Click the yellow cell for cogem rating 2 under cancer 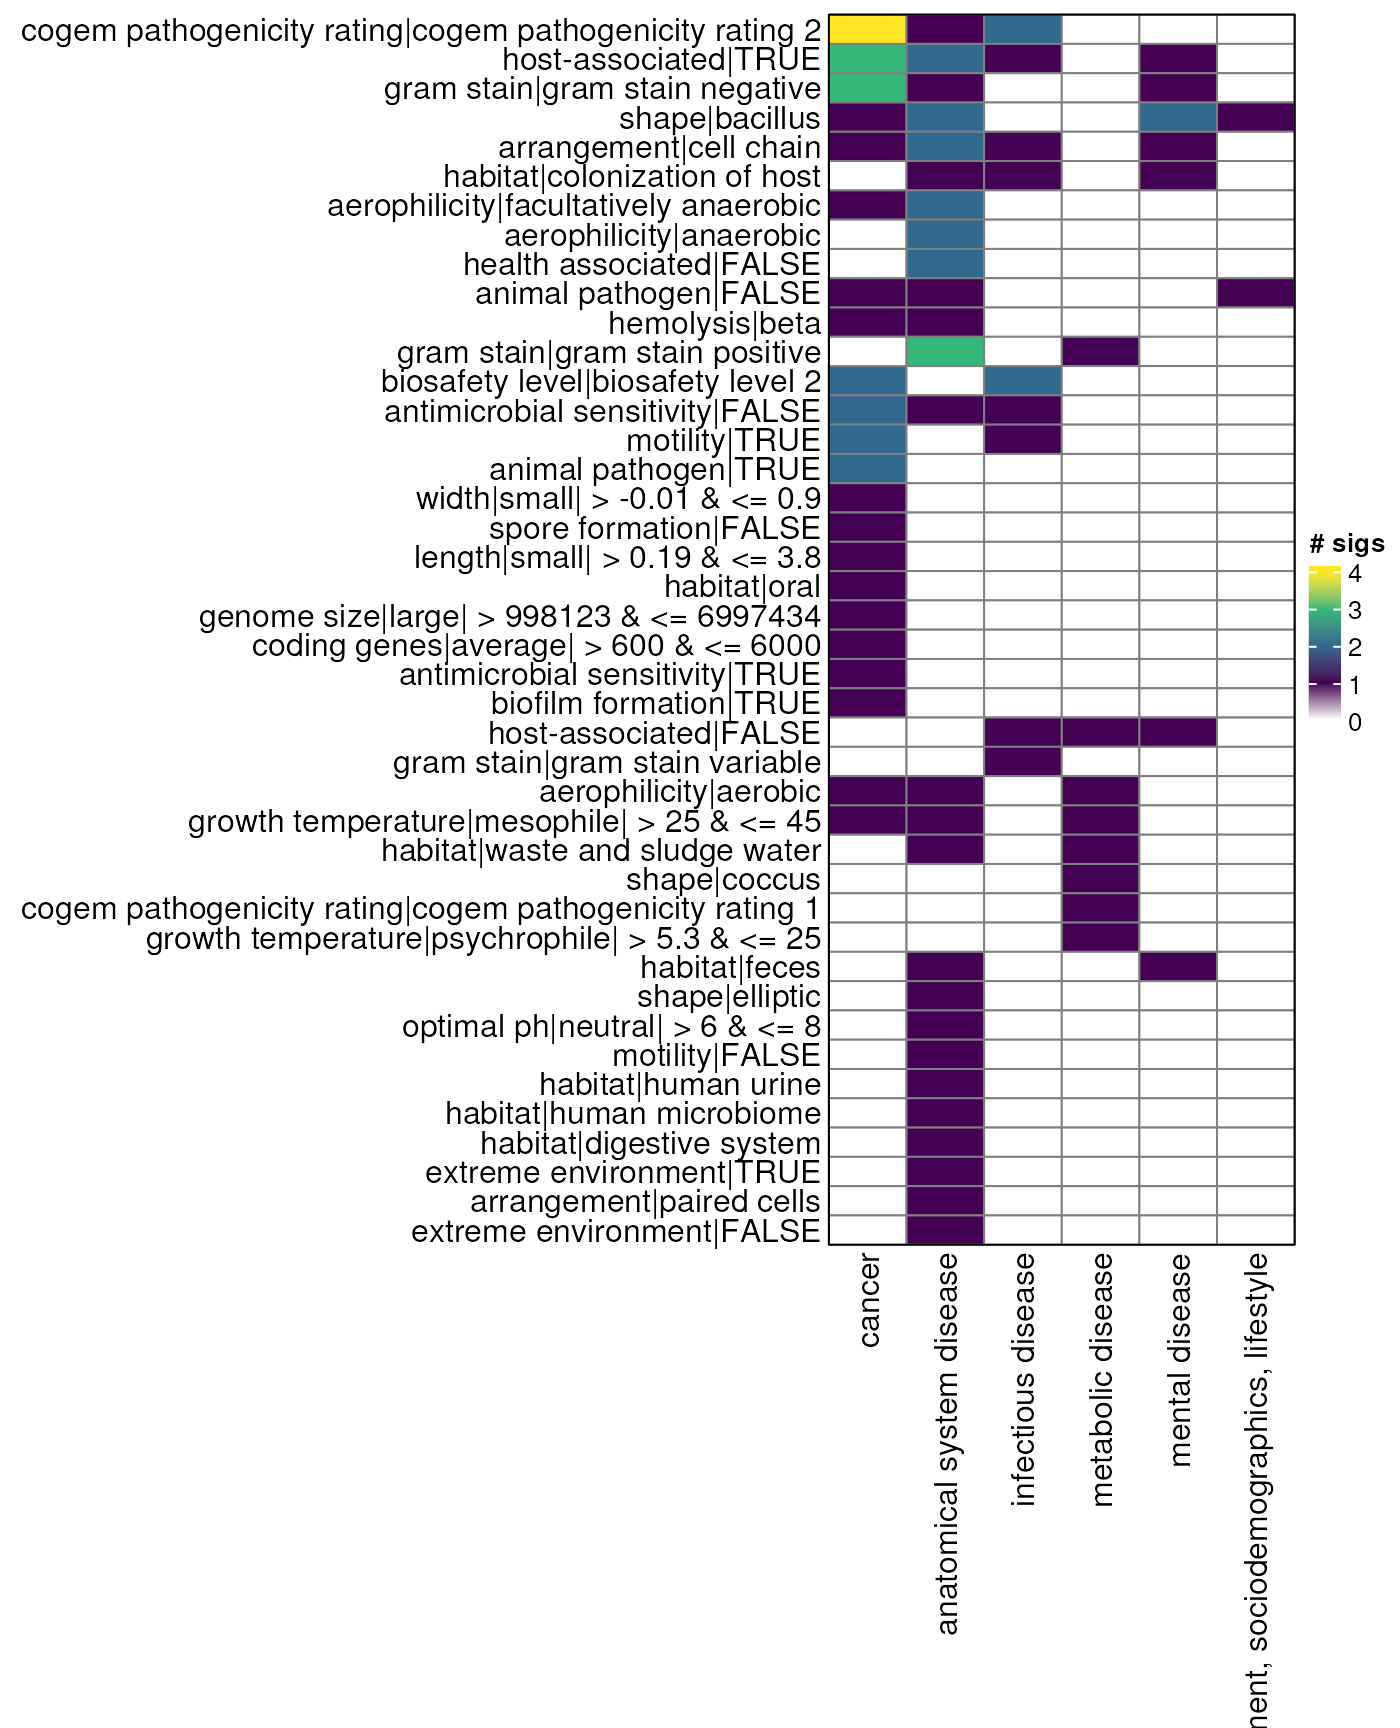tap(867, 30)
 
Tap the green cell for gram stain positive tap(945, 352)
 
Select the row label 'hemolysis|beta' tap(714, 324)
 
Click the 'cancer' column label tap(869, 1301)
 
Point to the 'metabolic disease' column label tap(1101, 1379)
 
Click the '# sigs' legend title tap(1346, 544)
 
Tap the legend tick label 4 tap(1354, 574)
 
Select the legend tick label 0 tap(1354, 723)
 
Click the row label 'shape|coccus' tap(723, 880)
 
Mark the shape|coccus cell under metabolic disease tap(1100, 879)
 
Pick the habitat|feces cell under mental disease tap(1178, 967)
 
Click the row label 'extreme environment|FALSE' tap(615, 1231)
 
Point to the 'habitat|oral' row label tap(742, 587)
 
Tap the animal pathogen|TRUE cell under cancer tap(867, 469)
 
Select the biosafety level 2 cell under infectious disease tap(1023, 381)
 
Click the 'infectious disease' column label tap(1023, 1379)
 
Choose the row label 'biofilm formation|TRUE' tap(655, 704)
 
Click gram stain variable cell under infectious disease tap(1023, 762)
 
